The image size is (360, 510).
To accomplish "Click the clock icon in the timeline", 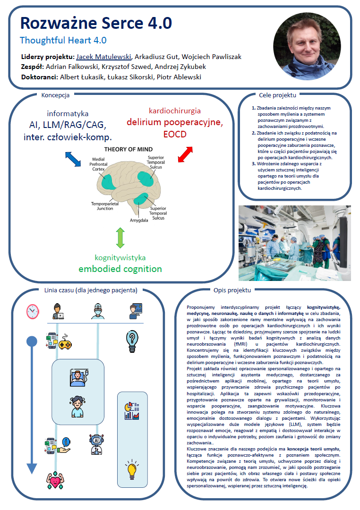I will click(32, 311).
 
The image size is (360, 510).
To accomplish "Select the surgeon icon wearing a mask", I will click(97, 311).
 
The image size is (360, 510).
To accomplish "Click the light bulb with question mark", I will click(132, 340).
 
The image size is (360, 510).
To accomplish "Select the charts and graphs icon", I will click(131, 411).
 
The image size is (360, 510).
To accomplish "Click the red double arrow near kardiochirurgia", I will click(185, 154).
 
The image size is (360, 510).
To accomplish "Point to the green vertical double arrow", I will click(120, 238).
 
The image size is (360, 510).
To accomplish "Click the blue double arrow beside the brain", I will click(73, 159).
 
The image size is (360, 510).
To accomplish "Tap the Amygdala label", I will click(139, 220).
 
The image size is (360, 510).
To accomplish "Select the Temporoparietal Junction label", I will click(102, 206).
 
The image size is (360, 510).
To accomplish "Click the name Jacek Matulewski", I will click(103, 57).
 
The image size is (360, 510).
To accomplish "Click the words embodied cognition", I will click(120, 269).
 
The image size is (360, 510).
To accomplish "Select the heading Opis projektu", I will click(232, 290).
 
